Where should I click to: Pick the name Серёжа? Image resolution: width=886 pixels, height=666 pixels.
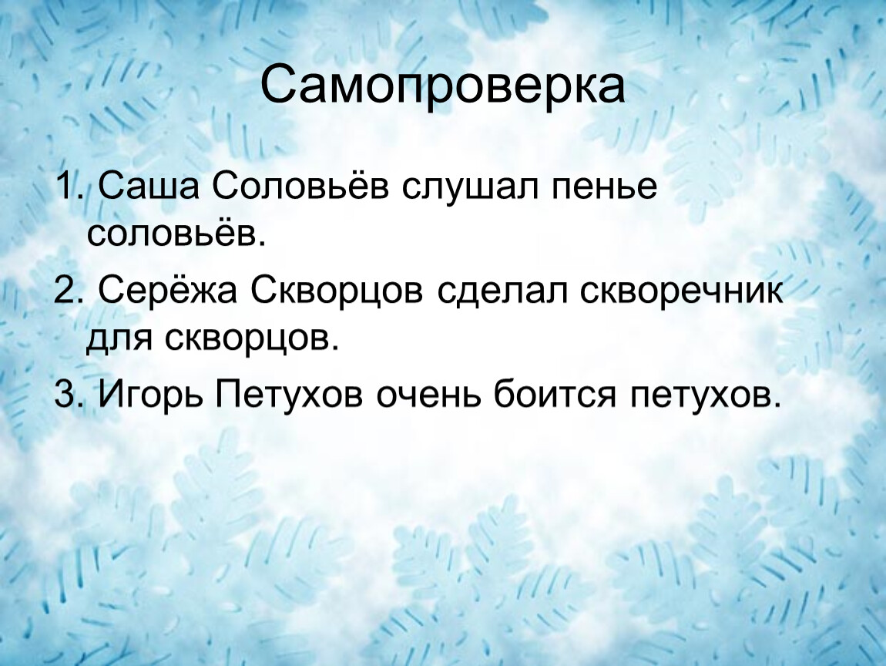click(167, 290)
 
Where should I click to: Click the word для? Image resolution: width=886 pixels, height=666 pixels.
click(119, 338)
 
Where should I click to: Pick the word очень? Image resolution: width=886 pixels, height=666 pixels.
click(429, 395)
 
